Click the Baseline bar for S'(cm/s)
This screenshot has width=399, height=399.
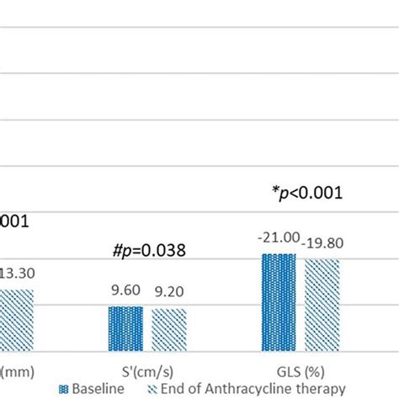tap(125, 328)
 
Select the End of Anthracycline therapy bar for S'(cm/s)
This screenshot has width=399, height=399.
tap(169, 329)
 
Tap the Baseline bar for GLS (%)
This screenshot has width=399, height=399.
tap(279, 302)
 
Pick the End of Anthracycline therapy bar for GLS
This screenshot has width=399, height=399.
tap(322, 305)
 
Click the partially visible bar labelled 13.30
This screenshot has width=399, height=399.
tap(16, 320)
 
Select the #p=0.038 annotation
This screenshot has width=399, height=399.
tap(148, 250)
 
